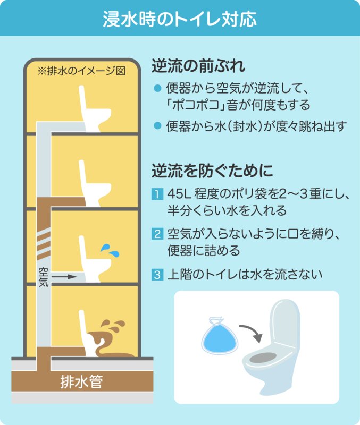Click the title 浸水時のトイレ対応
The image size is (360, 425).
(x=180, y=19)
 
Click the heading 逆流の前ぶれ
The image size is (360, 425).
(x=198, y=66)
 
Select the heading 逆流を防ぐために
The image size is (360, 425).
(x=212, y=170)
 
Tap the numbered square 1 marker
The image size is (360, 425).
(x=157, y=194)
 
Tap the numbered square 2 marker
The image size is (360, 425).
(x=157, y=234)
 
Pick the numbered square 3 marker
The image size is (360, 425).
(x=157, y=275)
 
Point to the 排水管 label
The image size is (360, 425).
(x=82, y=381)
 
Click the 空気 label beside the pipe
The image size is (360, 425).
(x=44, y=277)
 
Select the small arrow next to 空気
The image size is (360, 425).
(x=64, y=277)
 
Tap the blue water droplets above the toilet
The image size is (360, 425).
(x=110, y=250)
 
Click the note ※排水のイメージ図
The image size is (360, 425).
(x=82, y=71)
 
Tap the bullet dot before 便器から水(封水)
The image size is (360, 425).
(x=157, y=125)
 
